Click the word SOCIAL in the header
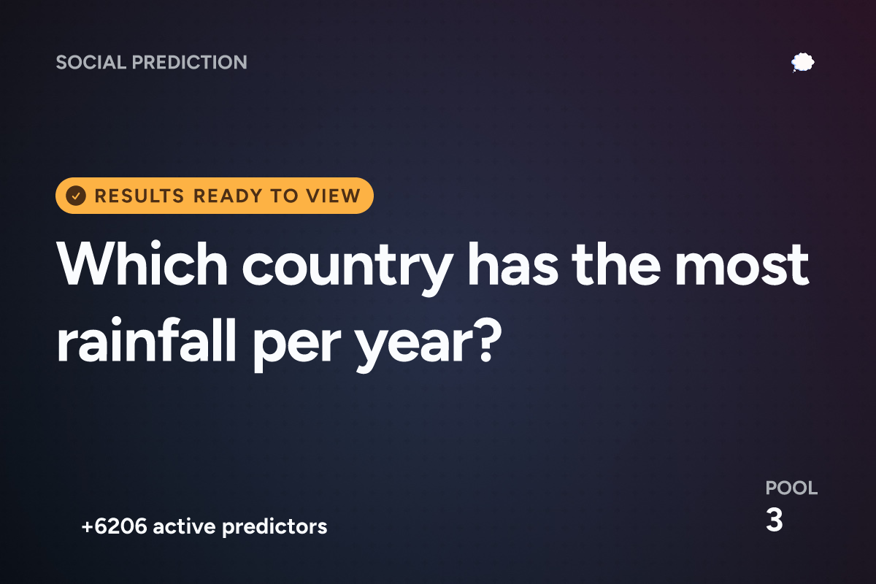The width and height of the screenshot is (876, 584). coord(91,62)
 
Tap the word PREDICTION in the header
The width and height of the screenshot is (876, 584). coord(190,62)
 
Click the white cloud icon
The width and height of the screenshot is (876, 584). coord(802,63)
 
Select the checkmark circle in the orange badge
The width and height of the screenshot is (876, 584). coord(76,196)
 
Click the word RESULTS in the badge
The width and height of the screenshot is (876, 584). coord(139,196)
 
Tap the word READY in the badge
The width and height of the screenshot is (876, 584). coord(228,196)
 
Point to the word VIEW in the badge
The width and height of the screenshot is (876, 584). coord(333,196)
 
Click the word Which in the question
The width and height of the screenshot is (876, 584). coord(142,264)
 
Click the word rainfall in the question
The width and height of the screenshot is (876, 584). coord(147,340)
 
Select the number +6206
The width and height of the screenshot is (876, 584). coord(114,526)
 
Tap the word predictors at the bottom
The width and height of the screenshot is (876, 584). coord(274,527)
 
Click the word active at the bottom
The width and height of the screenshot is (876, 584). coord(184,526)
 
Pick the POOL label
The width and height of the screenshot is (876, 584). coord(791,488)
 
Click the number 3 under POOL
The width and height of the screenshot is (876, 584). coord(775,520)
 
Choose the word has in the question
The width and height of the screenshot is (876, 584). coord(513,264)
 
